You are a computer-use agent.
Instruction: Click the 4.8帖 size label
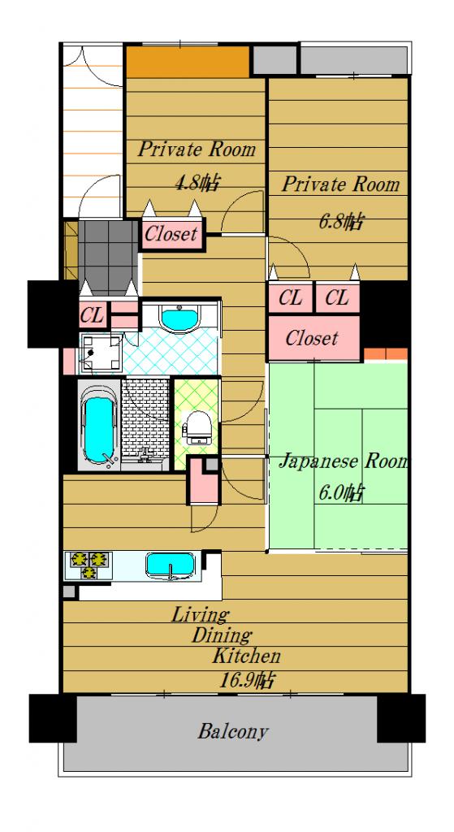[197, 183]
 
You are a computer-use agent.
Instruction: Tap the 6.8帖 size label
[340, 221]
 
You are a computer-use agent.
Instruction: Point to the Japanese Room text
[344, 462]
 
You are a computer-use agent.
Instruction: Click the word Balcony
[233, 732]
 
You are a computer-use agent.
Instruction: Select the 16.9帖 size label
[247, 679]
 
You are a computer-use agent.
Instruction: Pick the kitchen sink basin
[171, 566]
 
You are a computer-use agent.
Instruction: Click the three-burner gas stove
[89, 565]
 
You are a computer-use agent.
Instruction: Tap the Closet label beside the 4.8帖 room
[171, 233]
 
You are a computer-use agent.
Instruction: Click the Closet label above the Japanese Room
[311, 337]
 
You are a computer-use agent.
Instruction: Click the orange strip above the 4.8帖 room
[188, 62]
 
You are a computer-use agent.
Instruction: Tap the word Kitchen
[246, 656]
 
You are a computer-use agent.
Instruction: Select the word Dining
[222, 635]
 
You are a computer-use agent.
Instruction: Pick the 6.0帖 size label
[340, 494]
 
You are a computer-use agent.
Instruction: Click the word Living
[200, 615]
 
